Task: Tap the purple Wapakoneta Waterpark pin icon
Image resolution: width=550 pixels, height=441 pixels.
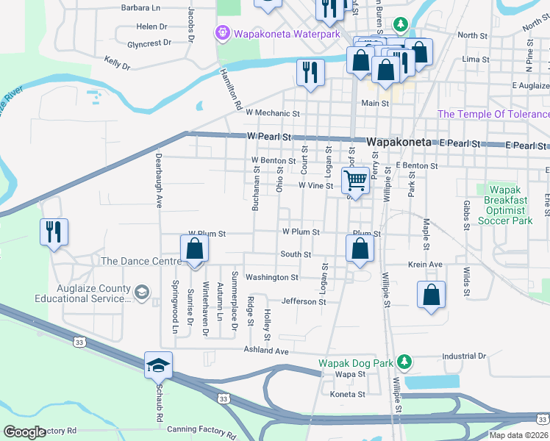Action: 221,33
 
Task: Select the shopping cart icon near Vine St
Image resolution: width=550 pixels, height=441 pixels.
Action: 356,180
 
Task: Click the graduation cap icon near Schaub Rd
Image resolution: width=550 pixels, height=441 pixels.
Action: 158,365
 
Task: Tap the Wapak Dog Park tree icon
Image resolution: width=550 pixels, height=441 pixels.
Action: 404,362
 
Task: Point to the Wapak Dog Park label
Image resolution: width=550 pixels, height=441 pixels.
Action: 356,363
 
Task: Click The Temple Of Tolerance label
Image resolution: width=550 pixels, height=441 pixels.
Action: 493,114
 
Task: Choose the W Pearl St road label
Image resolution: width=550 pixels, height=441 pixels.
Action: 270,137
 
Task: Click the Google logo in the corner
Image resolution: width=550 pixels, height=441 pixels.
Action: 24,432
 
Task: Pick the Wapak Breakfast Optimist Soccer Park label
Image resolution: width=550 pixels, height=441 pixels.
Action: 505,205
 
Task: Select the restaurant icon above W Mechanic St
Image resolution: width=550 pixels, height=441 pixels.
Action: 310,72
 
